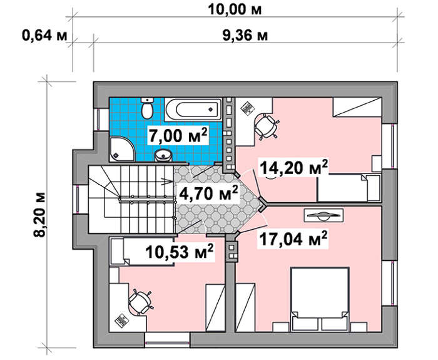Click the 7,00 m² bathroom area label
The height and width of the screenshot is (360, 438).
pos(178,136)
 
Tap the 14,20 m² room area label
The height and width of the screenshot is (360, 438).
pos(293,167)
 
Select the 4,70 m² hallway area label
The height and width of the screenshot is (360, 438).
pos(208,193)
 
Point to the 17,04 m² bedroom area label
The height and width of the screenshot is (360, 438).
pos(293,239)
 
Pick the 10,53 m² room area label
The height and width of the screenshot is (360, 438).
pos(180,252)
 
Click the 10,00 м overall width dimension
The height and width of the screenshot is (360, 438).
pos(235,10)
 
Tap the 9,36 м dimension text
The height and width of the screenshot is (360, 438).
pos(245,36)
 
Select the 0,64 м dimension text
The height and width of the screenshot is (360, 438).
pos(44,36)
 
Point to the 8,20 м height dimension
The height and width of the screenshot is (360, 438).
pos(39,215)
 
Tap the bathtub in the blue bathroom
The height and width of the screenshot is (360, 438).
pos(193,110)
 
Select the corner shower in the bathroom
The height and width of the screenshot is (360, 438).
pos(122,149)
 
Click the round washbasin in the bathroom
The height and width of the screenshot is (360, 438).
pos(163,155)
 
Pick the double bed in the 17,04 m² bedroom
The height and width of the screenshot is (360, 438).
pos(320,299)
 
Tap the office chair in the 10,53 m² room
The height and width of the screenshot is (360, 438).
pos(141,302)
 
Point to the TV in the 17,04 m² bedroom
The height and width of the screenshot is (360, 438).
pos(323,215)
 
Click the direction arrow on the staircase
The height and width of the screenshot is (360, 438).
pos(166,182)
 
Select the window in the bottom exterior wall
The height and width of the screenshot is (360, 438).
pos(167,341)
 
